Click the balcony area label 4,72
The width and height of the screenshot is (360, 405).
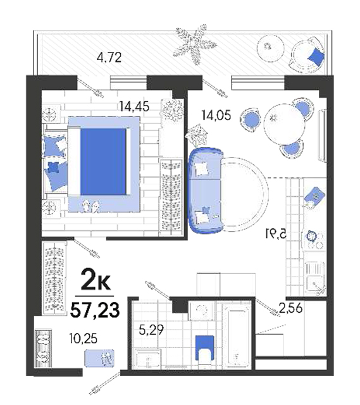coord(109,58)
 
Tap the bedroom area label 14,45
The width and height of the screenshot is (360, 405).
coord(134,106)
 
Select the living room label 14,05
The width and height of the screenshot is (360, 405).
coord(216,115)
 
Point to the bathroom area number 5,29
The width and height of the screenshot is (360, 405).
coord(151,330)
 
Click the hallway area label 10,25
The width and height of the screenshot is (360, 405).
coord(83,339)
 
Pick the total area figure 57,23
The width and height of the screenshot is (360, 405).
coord(95,309)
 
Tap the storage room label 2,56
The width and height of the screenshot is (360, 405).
coord(290,308)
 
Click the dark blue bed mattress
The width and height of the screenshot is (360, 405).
coord(103,162)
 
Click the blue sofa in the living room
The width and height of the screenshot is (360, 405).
coord(206,190)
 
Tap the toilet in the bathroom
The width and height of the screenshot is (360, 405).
coord(204,350)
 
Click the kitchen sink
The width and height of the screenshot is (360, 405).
coord(315,277)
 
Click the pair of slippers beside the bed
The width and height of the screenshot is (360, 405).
coord(91,206)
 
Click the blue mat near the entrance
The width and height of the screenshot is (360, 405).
coord(100,358)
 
